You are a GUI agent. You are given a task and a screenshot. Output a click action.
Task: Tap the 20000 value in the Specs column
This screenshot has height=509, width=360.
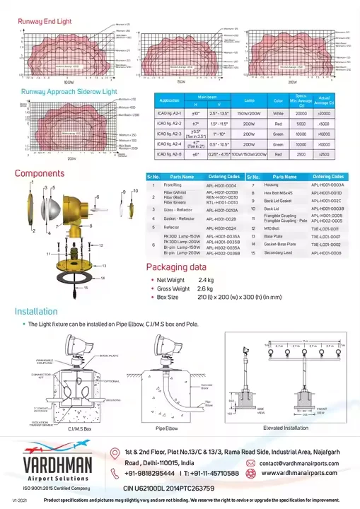coord(300,112)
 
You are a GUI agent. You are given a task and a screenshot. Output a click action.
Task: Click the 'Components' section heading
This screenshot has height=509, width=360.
coord(40,173)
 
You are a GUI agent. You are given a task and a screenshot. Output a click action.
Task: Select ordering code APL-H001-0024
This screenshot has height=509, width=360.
coord(221,228)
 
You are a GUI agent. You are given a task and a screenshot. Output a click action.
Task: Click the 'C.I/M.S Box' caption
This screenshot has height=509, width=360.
coord(79,429)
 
